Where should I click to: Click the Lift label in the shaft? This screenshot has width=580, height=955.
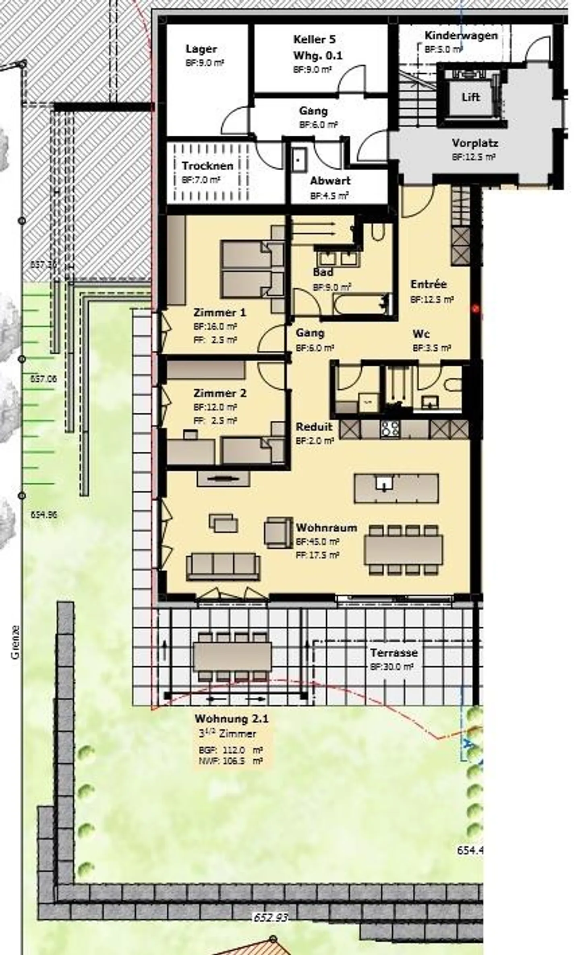pos(470,97)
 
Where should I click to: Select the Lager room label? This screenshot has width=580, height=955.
pos(201,49)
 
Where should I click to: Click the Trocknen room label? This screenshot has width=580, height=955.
pos(207,165)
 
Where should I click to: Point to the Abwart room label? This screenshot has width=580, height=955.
pos(330,181)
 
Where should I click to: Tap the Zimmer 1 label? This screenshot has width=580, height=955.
pos(220,312)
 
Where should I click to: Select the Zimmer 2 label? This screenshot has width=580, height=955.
pos(220,393)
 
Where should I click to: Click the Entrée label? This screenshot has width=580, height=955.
pos(429,284)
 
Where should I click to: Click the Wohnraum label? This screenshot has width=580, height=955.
pos(326,527)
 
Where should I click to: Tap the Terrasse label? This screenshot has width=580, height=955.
pos(394,653)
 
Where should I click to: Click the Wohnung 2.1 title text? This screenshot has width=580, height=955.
pos(231,719)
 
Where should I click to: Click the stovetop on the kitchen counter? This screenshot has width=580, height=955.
pos(390,429)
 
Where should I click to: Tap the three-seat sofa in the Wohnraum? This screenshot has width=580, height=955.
pos(223,566)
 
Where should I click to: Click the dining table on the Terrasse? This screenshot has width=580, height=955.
pos(232,657)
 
